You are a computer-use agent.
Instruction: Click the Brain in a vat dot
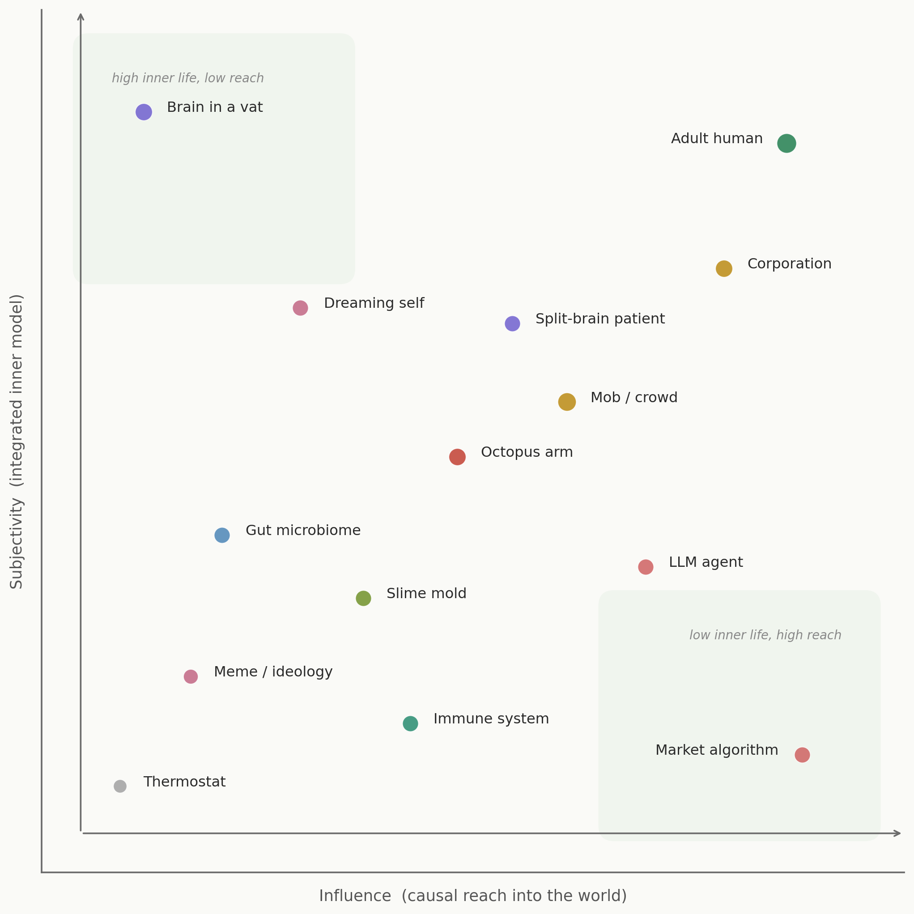[144, 112]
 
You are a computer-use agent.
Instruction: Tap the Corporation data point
[724, 269]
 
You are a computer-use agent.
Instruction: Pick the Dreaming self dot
[300, 308]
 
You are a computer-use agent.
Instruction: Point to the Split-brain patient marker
[512, 323]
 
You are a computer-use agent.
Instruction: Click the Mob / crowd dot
[567, 402]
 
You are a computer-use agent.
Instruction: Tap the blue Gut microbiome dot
[222, 536]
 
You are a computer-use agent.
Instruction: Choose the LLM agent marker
[646, 567]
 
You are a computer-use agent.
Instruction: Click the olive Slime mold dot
[363, 599]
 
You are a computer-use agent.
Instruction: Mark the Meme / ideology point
[191, 676]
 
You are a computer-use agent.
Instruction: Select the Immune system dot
[410, 723]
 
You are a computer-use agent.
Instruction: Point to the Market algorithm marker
[802, 755]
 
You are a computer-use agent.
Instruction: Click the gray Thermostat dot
[120, 786]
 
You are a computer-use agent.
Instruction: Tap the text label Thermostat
[184, 782]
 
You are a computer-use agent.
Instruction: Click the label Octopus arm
[527, 452]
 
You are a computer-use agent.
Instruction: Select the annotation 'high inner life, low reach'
[188, 78]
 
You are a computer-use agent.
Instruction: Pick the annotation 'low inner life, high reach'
[765, 635]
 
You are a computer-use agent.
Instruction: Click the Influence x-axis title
[472, 896]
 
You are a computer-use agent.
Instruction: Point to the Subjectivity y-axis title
[17, 442]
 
